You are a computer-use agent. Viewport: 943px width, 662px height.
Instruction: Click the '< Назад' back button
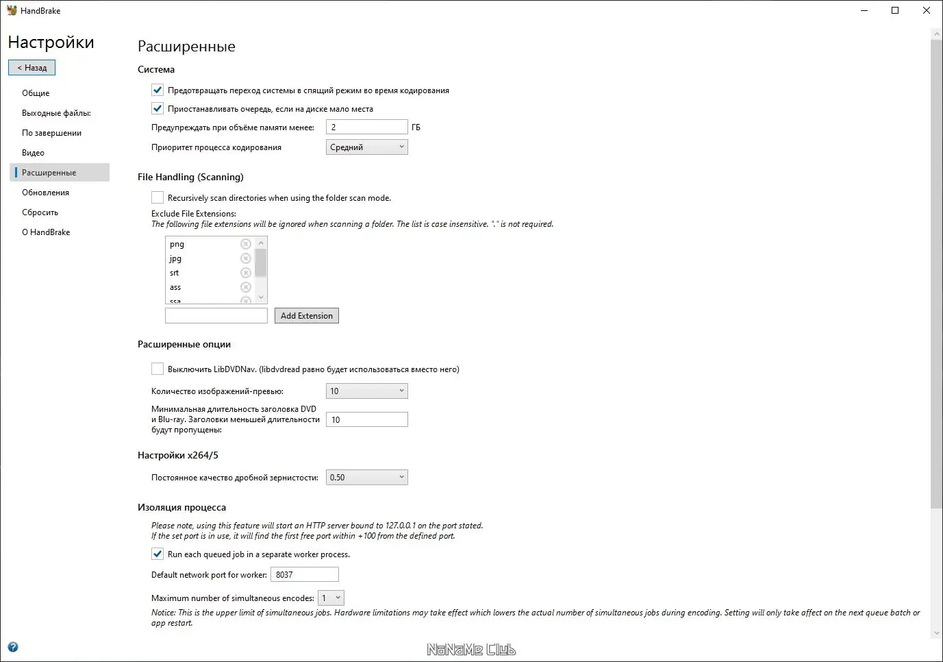[x=32, y=68]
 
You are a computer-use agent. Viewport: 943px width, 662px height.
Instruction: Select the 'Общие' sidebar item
[x=36, y=93]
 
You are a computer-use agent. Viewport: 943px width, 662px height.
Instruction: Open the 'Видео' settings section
[x=33, y=153]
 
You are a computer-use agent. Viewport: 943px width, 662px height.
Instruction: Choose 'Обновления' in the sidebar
[x=45, y=193]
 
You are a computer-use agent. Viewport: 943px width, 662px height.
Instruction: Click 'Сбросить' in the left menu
[x=40, y=212]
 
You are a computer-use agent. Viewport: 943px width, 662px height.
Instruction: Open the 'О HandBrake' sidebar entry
[x=46, y=232]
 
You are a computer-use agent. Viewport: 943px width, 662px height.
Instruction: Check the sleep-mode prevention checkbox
[x=158, y=90]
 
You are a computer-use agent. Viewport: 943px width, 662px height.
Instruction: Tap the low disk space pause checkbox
[x=158, y=108]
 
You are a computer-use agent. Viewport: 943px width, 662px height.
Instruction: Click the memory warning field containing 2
[x=366, y=127]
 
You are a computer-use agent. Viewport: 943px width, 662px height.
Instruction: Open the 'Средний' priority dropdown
[x=366, y=147]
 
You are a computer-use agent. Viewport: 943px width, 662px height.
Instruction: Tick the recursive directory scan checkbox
[x=158, y=197]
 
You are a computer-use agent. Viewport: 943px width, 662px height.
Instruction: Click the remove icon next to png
[x=246, y=244]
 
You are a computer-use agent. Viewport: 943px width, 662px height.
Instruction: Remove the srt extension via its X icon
[x=246, y=273]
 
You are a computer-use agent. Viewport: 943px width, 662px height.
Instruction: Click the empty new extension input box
[x=216, y=315]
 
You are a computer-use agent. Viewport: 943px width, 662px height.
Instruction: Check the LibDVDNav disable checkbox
[x=158, y=369]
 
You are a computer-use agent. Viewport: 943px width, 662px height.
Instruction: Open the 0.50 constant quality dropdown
[x=366, y=478]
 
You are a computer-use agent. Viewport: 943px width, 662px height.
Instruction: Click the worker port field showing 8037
[x=304, y=574]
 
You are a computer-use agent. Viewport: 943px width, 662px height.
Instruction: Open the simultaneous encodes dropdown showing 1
[x=331, y=598]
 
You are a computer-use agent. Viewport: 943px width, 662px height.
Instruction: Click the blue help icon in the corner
[x=12, y=647]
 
